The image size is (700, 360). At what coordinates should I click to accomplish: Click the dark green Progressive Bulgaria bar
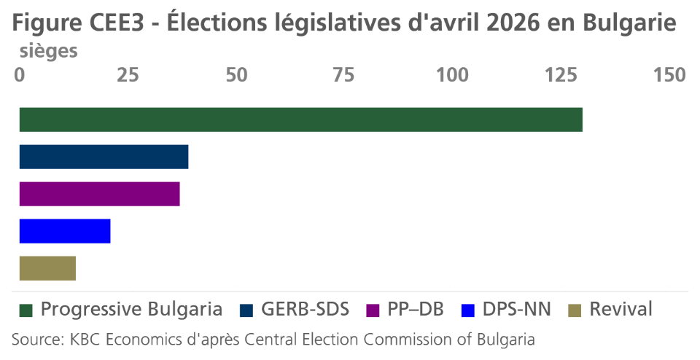pos(300,120)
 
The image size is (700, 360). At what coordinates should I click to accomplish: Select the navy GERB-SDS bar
pos(104,157)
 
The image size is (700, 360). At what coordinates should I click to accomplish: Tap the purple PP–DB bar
pos(99,194)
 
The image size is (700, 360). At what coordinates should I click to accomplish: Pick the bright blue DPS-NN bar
pos(65,231)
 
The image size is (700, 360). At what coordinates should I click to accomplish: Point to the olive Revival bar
pos(47,268)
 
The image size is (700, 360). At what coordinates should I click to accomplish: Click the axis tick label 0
pos(20,76)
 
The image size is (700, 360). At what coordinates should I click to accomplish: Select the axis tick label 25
pos(128,76)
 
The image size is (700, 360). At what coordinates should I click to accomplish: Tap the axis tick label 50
pos(236,76)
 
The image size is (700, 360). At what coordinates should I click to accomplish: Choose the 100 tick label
pos(451,76)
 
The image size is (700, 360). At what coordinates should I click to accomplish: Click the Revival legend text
pos(621,309)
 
